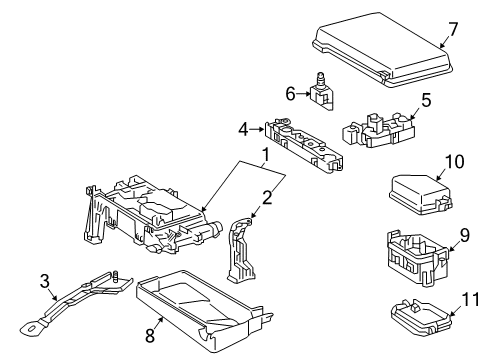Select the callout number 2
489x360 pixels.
pos(267,197)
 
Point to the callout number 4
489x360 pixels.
pos(242,128)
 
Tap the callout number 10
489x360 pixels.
pos(455,161)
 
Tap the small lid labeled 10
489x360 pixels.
pos(415,192)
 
